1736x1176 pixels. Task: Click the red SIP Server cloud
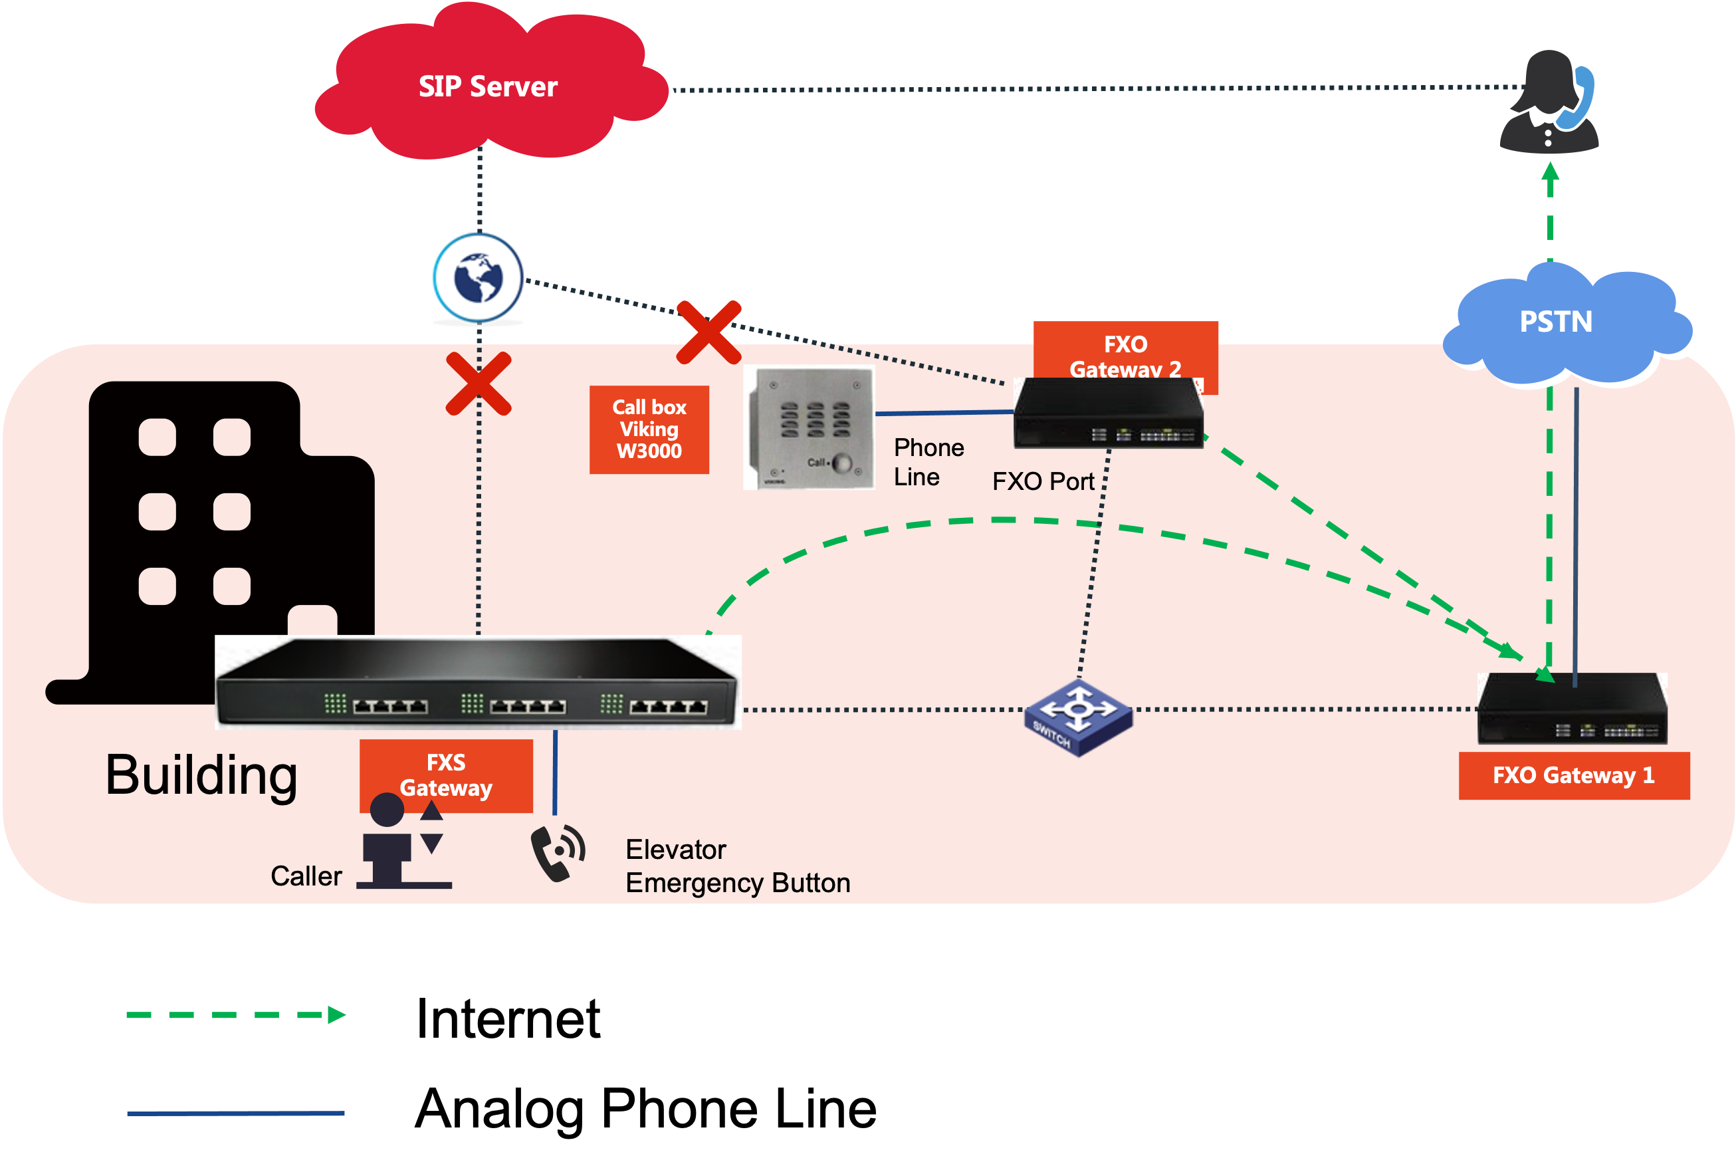[x=489, y=86]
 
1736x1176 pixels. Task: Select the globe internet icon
[x=478, y=278]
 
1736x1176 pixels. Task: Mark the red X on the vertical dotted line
[x=479, y=384]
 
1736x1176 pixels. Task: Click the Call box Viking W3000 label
[x=649, y=429]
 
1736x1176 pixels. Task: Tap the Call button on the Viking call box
[x=842, y=463]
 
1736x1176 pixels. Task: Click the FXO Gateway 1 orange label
[x=1574, y=776]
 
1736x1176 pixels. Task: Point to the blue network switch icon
[x=1078, y=717]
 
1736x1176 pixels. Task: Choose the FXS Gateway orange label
[x=446, y=774]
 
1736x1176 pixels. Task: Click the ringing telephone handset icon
[x=557, y=852]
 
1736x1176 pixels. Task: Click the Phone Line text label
[x=928, y=462]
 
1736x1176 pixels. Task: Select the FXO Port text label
[x=1043, y=481]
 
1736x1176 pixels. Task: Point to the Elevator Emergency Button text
[x=737, y=866]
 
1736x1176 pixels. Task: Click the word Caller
[x=306, y=876]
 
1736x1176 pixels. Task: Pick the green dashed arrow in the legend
[x=235, y=1014]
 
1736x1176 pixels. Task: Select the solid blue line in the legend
[x=235, y=1114]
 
